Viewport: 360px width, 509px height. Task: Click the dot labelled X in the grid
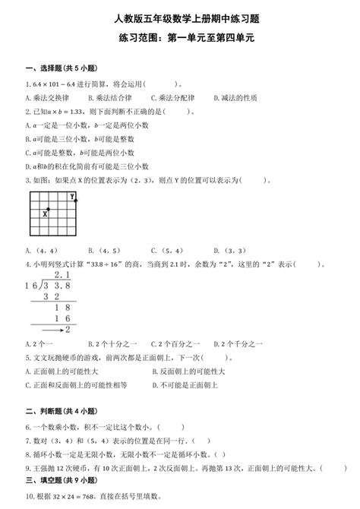coord(49,209)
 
